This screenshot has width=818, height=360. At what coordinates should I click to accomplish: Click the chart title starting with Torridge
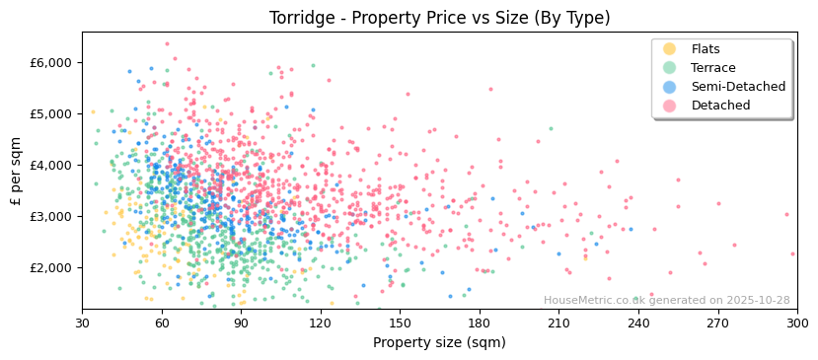coord(439,18)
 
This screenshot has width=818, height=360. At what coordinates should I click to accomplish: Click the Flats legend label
coord(706,49)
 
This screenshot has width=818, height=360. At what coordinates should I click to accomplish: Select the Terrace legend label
coord(713,68)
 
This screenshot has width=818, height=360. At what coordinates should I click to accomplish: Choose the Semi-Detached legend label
coord(738,87)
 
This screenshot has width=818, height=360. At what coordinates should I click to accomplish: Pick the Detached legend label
coord(720,106)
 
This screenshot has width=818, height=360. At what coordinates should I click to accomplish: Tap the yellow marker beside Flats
coord(670,49)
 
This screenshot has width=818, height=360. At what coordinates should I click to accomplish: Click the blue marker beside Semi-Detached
coord(670,87)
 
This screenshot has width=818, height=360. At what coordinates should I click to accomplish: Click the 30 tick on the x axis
coord(82,324)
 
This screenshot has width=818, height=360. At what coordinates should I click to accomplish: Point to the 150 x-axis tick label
coord(400,324)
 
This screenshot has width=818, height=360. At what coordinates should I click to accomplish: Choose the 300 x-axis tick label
coord(796,324)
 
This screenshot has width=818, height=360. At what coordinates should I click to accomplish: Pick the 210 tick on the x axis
coord(558,324)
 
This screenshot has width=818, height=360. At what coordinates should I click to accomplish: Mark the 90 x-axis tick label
coord(241,324)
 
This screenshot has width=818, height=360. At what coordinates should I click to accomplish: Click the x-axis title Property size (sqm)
coord(439,342)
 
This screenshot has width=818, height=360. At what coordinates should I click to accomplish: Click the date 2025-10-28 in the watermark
coord(756,301)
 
